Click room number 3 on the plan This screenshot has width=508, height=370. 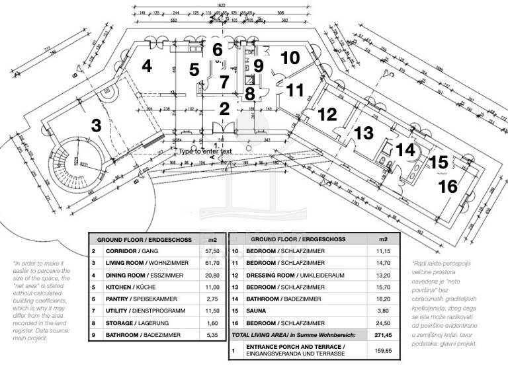(96, 125)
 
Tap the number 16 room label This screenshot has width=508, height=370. (448, 187)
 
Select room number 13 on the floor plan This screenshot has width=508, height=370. (363, 133)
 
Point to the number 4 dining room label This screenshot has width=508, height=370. (147, 66)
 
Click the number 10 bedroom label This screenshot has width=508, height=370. (290, 57)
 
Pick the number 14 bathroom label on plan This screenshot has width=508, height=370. (405, 150)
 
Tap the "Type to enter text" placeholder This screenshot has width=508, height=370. (205, 151)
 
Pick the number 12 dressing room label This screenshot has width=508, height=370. (327, 114)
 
